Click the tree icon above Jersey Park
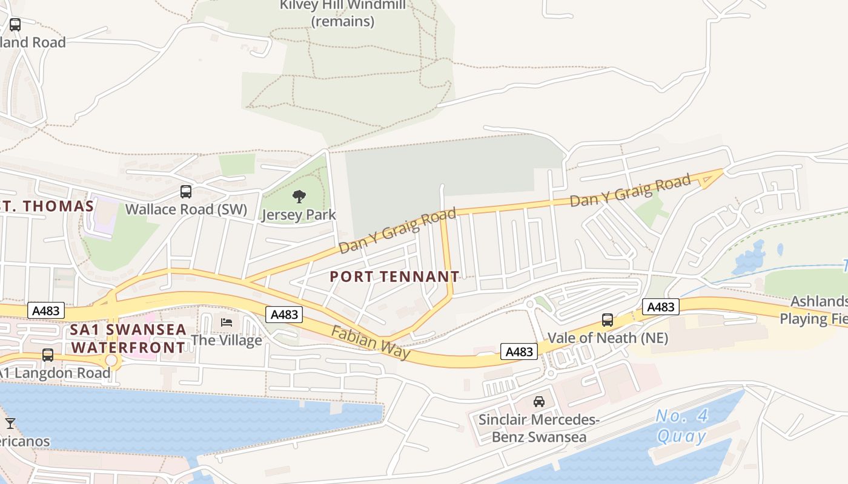click(x=299, y=196)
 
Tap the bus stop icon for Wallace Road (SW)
click(x=186, y=192)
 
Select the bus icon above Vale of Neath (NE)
click(x=608, y=320)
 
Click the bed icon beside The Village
click(x=227, y=322)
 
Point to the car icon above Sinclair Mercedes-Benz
click(x=538, y=401)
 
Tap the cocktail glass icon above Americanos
click(x=10, y=423)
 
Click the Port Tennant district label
click(x=394, y=277)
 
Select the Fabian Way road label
click(x=370, y=342)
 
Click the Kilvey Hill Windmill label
click(x=343, y=13)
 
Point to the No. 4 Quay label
click(x=682, y=426)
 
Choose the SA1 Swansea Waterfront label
click(x=128, y=339)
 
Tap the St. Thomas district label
click(x=47, y=206)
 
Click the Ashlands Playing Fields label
click(x=815, y=310)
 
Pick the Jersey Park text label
click(x=299, y=215)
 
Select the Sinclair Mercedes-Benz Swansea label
click(x=538, y=428)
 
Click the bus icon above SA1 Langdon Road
click(x=48, y=355)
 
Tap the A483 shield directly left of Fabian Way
click(x=284, y=315)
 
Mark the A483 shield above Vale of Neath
click(x=660, y=307)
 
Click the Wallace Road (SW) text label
click(x=187, y=209)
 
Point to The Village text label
click(x=227, y=340)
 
